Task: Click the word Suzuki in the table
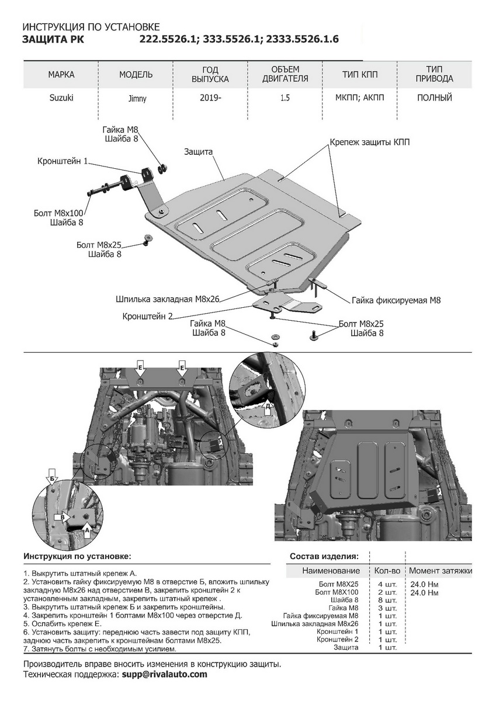pyautogui.click(x=61, y=98)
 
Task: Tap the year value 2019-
pyautogui.click(x=210, y=98)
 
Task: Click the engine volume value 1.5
pyautogui.click(x=285, y=98)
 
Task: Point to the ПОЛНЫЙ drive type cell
pyautogui.click(x=435, y=98)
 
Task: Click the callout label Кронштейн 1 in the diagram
pyautogui.click(x=63, y=160)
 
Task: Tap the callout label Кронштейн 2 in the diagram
pyautogui.click(x=148, y=316)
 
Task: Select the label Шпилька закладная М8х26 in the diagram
pyautogui.click(x=168, y=299)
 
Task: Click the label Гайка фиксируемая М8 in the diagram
pyautogui.click(x=396, y=300)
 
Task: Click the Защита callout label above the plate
pyautogui.click(x=198, y=151)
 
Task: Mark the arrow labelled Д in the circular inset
pyautogui.click(x=268, y=408)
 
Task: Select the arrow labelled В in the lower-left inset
pyautogui.click(x=63, y=517)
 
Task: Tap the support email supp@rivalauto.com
pyautogui.click(x=164, y=674)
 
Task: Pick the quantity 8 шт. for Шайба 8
pyautogui.click(x=387, y=600)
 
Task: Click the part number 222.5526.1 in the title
pyautogui.click(x=169, y=39)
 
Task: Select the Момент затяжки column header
pyautogui.click(x=440, y=571)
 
